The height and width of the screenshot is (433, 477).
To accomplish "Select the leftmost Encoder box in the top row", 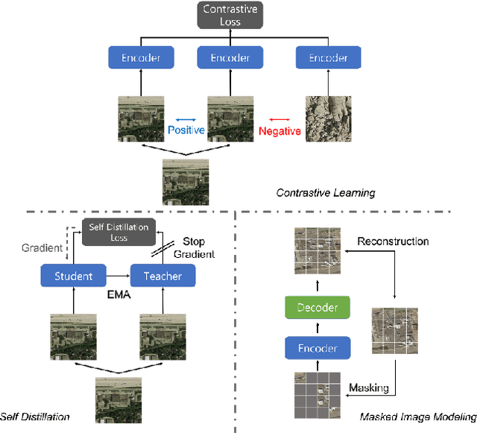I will (x=140, y=57).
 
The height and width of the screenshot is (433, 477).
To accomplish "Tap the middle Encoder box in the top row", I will (x=231, y=57).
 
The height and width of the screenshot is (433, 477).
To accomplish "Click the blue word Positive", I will (x=186, y=130).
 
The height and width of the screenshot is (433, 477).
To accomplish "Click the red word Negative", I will (x=279, y=131).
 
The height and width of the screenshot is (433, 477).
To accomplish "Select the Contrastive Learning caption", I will (x=326, y=193).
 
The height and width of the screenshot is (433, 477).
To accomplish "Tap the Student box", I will (x=74, y=276).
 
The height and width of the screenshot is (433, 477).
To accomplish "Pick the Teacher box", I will (x=163, y=276).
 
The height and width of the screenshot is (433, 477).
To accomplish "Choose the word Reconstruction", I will (x=393, y=241).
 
